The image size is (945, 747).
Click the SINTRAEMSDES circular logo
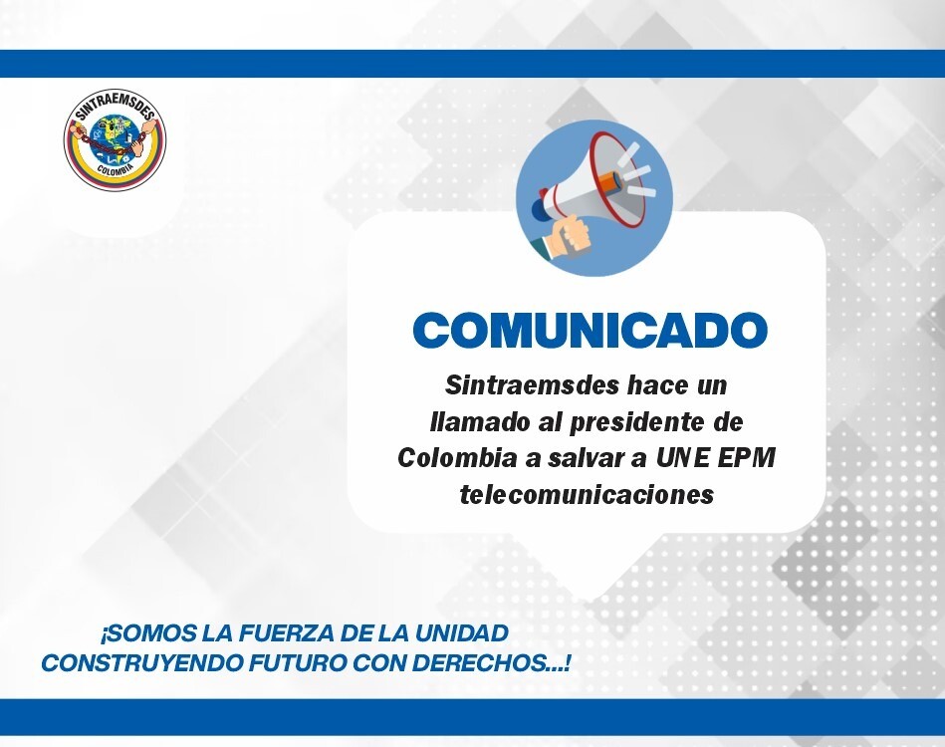[115, 141]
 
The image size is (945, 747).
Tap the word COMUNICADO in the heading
[591, 330]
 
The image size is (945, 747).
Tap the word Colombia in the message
[457, 458]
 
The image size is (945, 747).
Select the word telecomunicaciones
[587, 495]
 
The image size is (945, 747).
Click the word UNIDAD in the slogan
[462, 633]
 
